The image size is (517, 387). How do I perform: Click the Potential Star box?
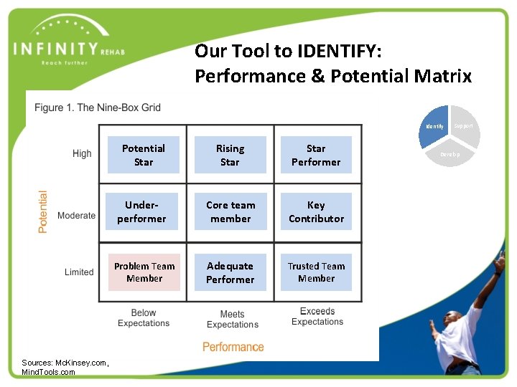[144, 155]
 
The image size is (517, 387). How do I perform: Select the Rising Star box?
[230, 155]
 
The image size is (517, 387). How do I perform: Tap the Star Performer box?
[316, 155]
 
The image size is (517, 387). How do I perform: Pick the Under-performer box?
[141, 211]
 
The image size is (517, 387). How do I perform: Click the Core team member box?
[230, 211]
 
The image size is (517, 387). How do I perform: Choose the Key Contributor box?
[316, 211]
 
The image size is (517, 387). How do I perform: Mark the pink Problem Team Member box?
[144, 272]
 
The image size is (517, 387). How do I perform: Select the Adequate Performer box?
[230, 272]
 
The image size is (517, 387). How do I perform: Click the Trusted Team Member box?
[316, 272]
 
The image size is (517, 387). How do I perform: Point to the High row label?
[82, 153]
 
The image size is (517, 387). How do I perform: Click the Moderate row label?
[76, 216]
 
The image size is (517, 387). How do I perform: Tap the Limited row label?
[79, 272]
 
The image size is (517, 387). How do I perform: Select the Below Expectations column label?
[144, 318]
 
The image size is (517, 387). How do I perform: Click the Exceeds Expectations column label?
[317, 317]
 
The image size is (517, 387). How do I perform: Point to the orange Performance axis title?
[233, 347]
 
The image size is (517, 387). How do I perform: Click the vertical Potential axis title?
[43, 211]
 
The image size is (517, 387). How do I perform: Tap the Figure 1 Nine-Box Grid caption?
[98, 107]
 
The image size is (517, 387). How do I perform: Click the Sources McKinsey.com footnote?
[65, 367]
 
